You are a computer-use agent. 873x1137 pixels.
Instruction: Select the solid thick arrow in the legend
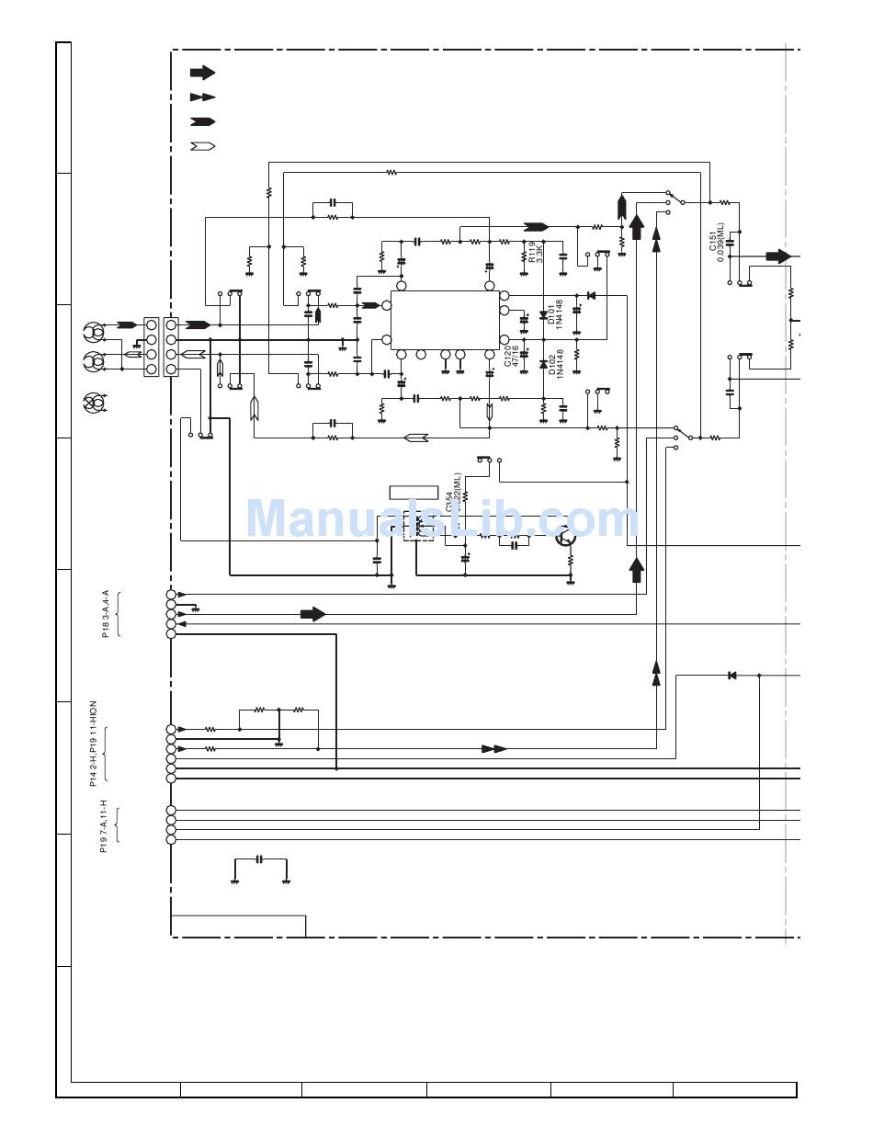[x=202, y=73]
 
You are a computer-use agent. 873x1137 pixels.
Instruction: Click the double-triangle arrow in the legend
[x=202, y=97]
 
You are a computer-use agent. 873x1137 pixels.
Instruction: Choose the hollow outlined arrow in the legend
[x=202, y=145]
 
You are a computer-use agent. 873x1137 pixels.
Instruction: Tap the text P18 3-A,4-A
[x=106, y=613]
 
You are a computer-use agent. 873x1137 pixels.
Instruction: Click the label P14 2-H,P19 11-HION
[x=93, y=743]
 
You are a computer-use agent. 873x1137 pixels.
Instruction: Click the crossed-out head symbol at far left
[x=94, y=401]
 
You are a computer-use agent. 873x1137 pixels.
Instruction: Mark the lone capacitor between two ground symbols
[x=260, y=859]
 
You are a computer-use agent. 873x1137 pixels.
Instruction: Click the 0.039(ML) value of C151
[x=721, y=242]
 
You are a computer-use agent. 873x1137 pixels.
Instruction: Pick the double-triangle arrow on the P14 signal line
[x=493, y=749]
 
